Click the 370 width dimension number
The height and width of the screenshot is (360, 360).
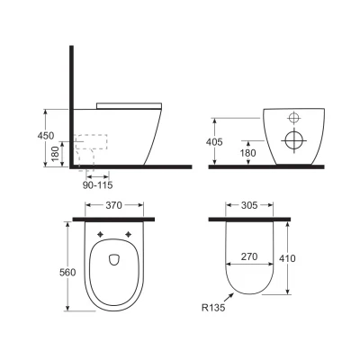(112, 205)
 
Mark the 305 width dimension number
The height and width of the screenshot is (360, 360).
(251, 205)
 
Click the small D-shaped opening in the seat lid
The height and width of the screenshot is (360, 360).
(113, 262)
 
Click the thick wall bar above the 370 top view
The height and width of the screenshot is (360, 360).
(112, 218)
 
